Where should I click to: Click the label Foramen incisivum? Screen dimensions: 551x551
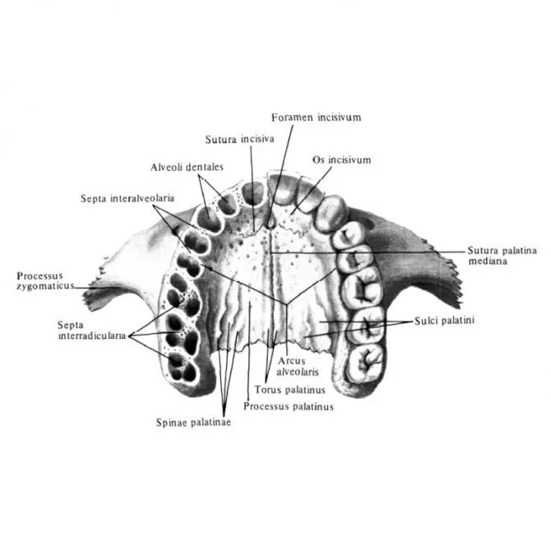(x=316, y=118)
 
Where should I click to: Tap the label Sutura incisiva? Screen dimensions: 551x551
(x=239, y=139)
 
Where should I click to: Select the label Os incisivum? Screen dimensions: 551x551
(x=342, y=159)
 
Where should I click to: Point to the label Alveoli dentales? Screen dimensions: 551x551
(x=187, y=167)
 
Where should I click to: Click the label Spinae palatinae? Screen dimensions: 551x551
(x=192, y=423)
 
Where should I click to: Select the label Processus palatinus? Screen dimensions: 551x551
(x=289, y=405)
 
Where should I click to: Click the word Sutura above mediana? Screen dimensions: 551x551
(x=484, y=249)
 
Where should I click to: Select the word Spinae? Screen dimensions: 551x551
(x=172, y=423)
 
